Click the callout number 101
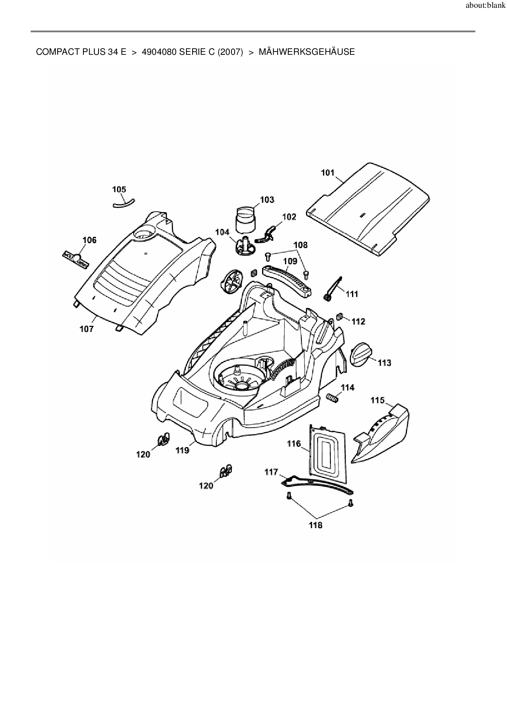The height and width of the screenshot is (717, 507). (x=328, y=173)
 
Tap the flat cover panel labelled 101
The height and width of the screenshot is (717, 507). (x=368, y=208)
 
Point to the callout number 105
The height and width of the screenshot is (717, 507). (x=119, y=189)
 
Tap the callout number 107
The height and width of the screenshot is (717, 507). (x=86, y=329)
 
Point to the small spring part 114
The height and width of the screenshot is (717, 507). (x=332, y=397)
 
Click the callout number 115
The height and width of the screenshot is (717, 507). (x=378, y=400)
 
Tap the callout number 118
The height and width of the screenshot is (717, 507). (x=316, y=525)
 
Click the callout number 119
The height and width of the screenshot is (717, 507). (x=182, y=450)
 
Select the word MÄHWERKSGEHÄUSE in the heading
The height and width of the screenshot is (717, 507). (x=307, y=52)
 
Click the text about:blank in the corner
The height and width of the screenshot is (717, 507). (x=485, y=7)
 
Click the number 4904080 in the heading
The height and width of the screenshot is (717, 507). (x=159, y=52)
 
